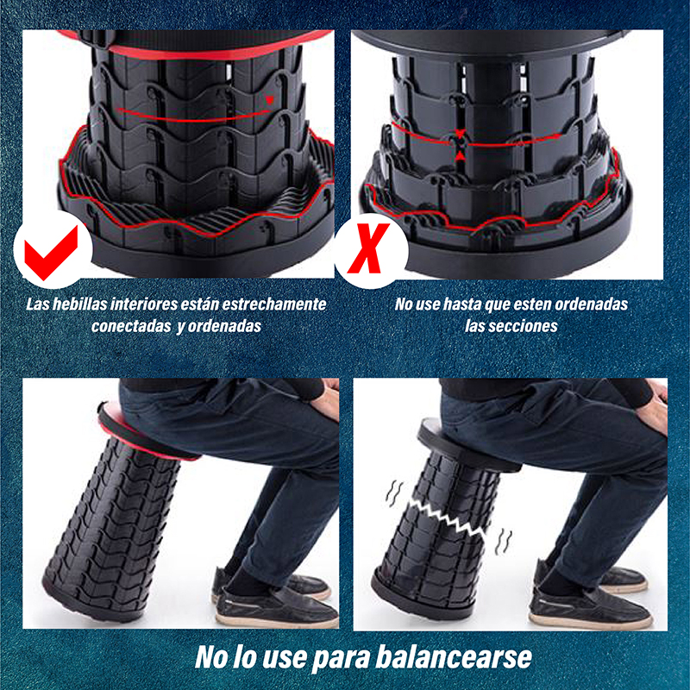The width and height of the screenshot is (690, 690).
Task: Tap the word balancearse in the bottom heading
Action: point(456,658)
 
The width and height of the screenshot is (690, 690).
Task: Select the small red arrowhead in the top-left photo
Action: point(270,101)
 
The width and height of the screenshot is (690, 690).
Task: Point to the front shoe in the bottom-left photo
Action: point(276,608)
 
